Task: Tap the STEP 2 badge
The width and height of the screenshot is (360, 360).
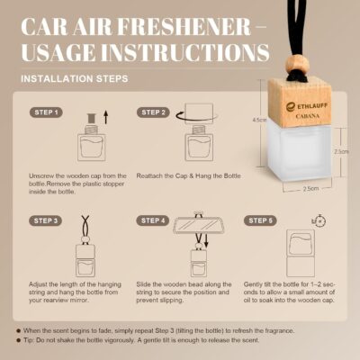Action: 153,112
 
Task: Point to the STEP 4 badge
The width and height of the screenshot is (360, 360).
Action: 153,220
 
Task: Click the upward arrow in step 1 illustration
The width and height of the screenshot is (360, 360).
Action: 107,115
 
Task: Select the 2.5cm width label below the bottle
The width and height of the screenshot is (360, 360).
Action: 310,189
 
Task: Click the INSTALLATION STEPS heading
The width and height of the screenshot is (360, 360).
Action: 73,78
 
